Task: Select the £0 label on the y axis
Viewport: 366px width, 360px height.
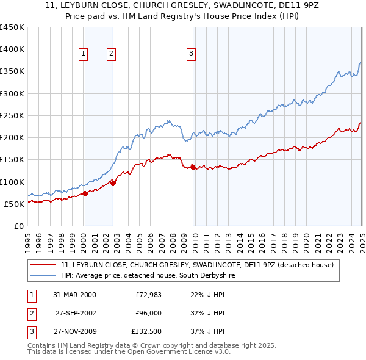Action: [19, 226]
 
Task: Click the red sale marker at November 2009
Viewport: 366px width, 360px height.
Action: [193, 167]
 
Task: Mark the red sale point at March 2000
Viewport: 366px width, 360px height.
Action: [85, 193]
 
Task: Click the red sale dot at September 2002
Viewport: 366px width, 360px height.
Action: [113, 183]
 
